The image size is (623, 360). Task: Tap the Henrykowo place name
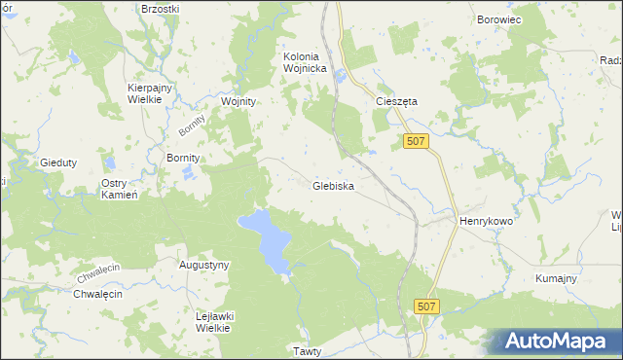tap(486, 221)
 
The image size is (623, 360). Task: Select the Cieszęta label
tap(396, 100)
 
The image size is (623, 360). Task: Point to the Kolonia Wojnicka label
tap(310, 62)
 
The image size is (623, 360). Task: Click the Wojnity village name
tap(238, 101)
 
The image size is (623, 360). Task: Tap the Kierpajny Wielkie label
tap(150, 93)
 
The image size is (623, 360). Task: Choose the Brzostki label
tap(161, 8)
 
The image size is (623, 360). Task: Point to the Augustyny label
tap(204, 265)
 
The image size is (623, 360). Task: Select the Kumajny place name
tap(557, 279)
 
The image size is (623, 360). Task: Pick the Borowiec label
tap(500, 18)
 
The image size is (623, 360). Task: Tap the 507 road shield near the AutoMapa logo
tap(425, 306)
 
